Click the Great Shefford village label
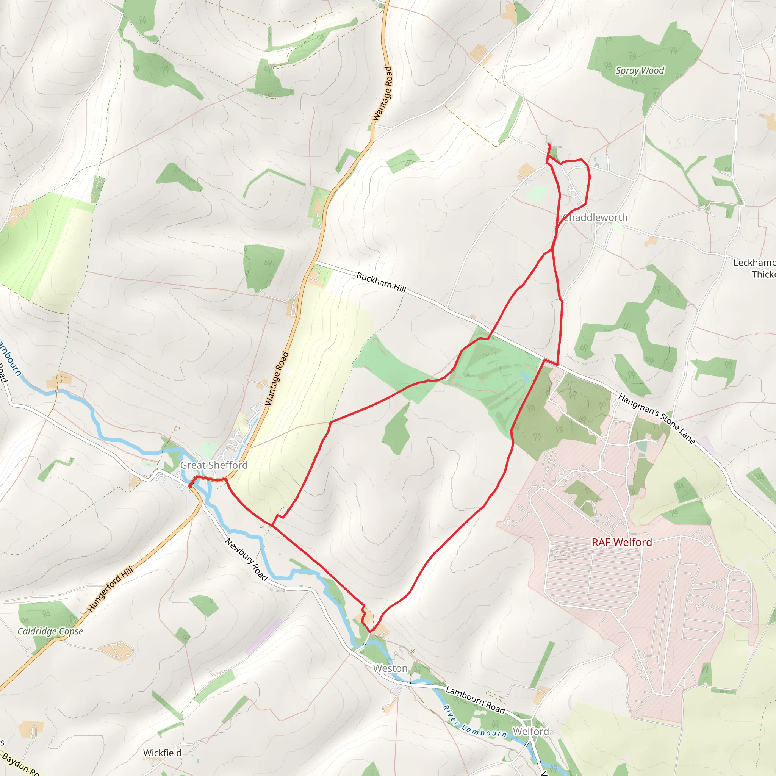[214, 465]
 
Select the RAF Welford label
[622, 542]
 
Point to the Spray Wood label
[640, 71]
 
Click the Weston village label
[390, 668]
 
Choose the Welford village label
[530, 731]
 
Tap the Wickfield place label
[162, 753]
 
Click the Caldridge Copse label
[50, 631]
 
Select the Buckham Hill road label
[381, 282]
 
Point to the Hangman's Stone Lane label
[656, 419]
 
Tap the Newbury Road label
[246, 560]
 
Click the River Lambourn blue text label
[475, 722]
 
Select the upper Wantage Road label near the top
[382, 94]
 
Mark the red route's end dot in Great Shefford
[190, 487]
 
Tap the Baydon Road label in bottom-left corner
[20, 765]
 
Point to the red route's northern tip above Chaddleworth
[549, 145]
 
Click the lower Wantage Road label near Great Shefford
[277, 379]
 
